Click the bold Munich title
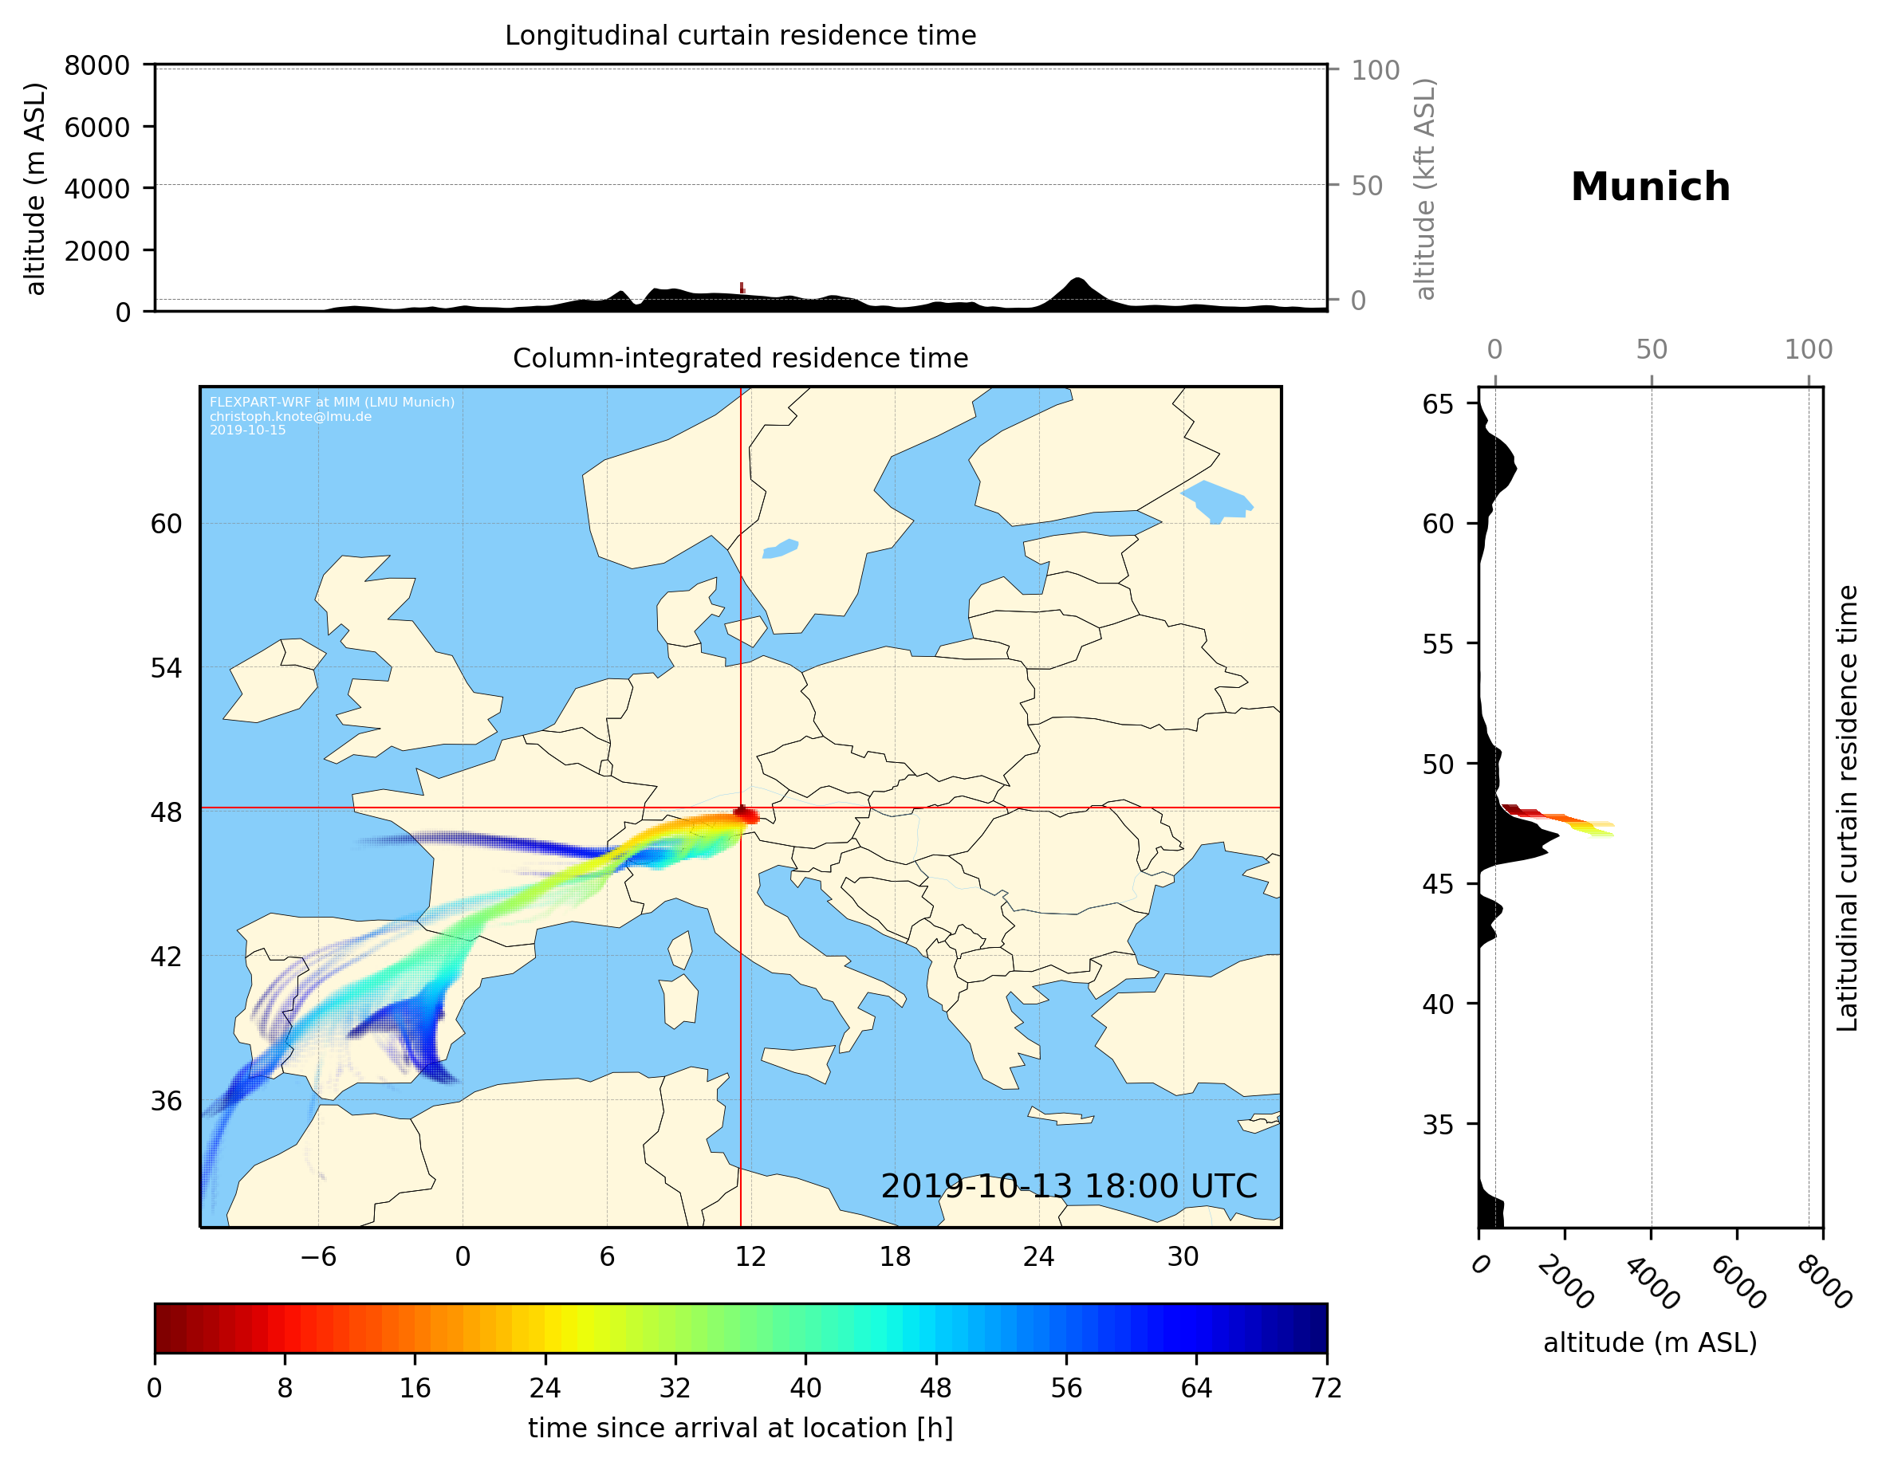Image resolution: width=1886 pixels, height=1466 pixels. point(1649,187)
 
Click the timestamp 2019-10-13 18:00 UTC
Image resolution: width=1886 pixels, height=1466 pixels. point(1069,1186)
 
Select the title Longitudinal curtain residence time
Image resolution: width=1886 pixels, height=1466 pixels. point(740,35)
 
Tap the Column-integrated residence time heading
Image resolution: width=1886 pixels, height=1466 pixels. point(740,358)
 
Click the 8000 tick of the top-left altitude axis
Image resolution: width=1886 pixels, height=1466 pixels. point(96,65)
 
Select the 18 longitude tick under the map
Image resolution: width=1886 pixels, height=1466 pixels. point(895,1256)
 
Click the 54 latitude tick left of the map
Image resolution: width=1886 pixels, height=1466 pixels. point(166,668)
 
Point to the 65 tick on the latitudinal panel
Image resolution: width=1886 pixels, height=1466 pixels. point(1438,404)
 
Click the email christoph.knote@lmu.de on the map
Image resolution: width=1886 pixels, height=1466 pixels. point(290,416)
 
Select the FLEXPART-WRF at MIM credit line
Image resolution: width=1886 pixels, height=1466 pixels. point(332,403)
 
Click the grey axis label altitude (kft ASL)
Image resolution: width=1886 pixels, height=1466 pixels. point(1425,189)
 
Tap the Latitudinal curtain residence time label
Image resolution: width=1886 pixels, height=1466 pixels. point(1846,808)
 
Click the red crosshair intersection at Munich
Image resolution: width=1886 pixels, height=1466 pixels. point(741,808)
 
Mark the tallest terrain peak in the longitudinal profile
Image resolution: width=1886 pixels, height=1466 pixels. point(1076,279)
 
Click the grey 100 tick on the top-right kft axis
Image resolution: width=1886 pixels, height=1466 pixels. point(1375,70)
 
